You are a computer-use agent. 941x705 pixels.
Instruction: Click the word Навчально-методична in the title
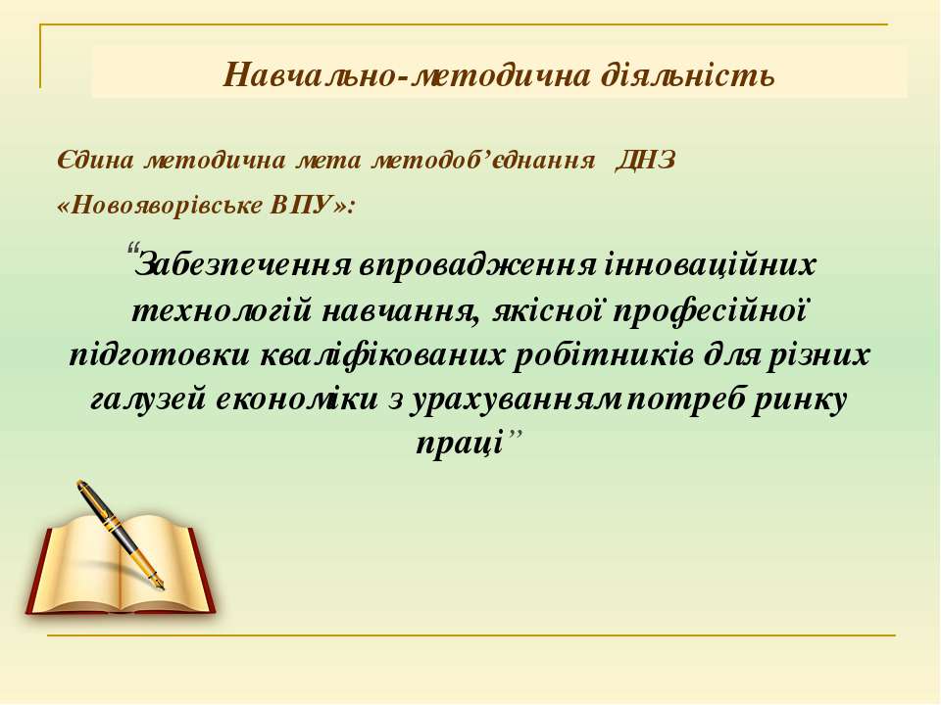406,76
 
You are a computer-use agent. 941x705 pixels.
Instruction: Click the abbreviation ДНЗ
645,160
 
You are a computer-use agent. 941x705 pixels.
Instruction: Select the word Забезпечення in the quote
243,264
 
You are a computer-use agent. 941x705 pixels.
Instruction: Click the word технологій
222,311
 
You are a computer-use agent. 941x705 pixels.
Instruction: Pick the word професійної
709,311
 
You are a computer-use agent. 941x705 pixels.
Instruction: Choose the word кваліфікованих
383,355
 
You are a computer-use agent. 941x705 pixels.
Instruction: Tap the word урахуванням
516,400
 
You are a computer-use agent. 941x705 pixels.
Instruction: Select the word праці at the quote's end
459,445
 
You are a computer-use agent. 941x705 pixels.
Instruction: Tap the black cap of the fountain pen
99,506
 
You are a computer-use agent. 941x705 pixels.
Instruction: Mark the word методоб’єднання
483,160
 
